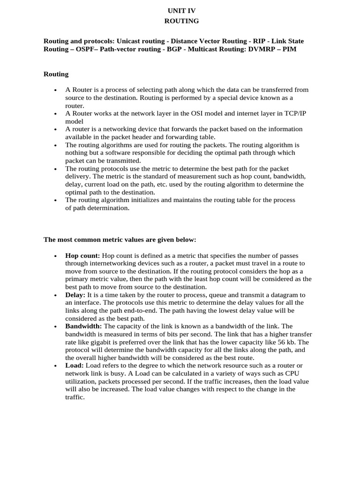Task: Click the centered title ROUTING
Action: click(x=181, y=21)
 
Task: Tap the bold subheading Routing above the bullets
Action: click(x=56, y=74)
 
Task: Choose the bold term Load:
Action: click(x=75, y=365)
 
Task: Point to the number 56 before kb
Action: click(x=278, y=342)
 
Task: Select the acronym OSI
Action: click(x=204, y=113)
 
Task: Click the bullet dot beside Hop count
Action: click(x=55, y=256)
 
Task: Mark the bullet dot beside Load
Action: click(x=55, y=366)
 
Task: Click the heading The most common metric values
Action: click(x=120, y=240)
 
